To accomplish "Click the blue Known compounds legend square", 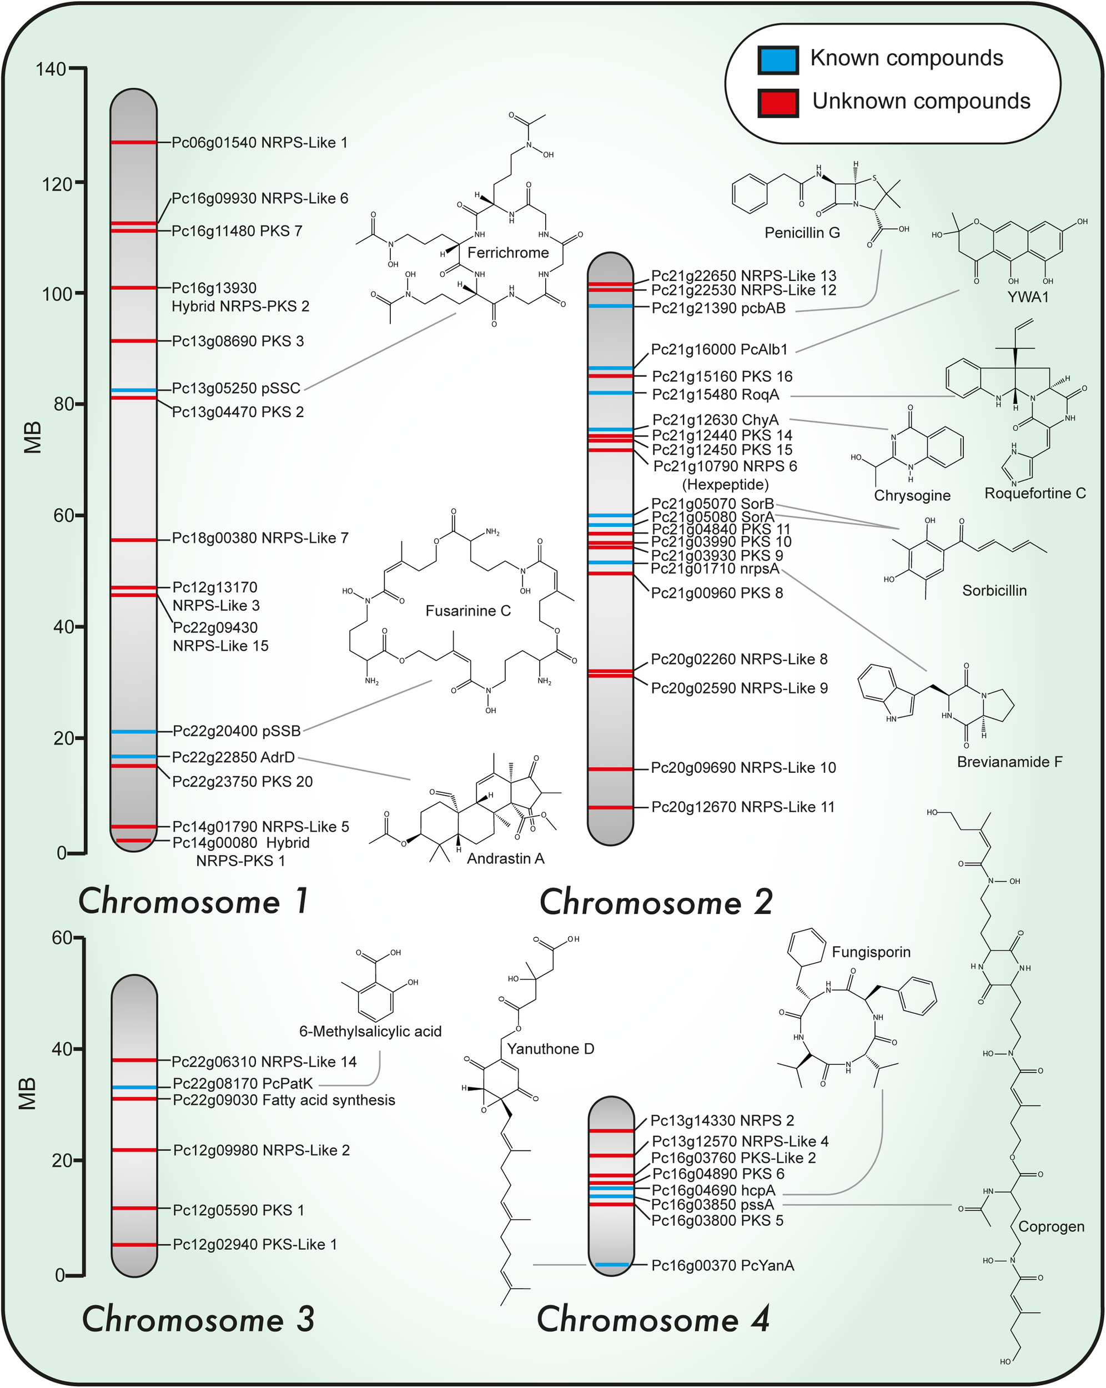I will click(778, 59).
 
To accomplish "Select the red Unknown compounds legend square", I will click(778, 102).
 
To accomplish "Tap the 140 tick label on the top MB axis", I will click(51, 69).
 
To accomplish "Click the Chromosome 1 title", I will click(193, 901).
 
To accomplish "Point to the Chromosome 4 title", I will click(653, 1319).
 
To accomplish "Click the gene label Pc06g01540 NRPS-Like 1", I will click(259, 142).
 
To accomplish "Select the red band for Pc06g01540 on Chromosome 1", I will click(133, 142).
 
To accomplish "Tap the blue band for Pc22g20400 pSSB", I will click(133, 731).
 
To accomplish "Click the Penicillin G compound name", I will click(802, 233).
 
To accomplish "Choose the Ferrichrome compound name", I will click(508, 253).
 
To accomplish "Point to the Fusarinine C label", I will click(468, 610).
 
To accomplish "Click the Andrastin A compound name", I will click(505, 858).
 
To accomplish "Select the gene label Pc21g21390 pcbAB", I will click(718, 308).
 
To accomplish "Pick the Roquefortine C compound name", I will click(1034, 493).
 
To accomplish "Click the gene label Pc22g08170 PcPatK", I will click(243, 1084).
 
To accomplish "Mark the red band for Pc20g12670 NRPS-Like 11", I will click(610, 807).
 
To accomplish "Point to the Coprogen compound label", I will click(1050, 1226).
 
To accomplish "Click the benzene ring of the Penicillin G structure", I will click(750, 193).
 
